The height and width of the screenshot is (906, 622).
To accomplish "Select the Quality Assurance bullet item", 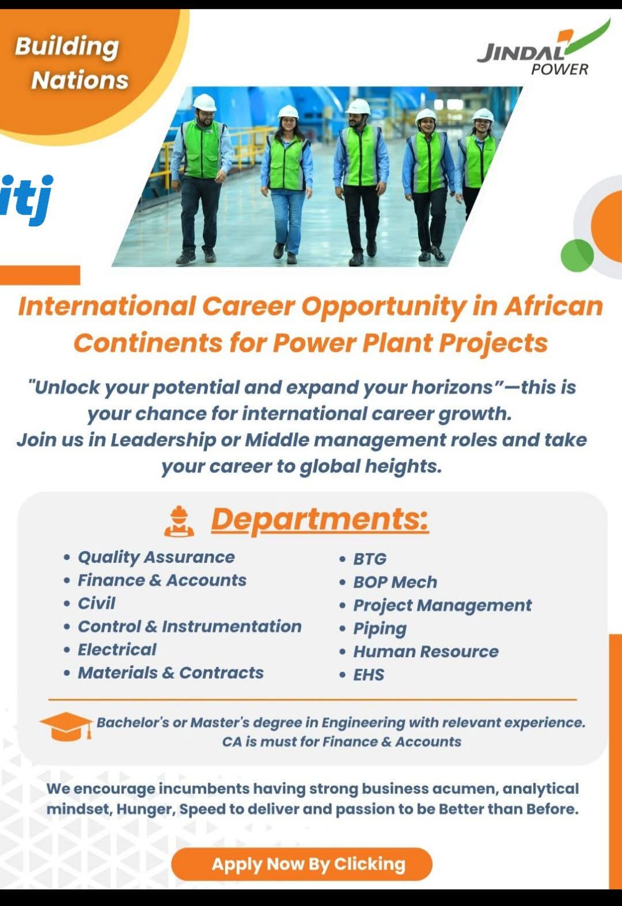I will click(x=156, y=557).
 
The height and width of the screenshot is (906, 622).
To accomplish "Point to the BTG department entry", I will click(x=369, y=559).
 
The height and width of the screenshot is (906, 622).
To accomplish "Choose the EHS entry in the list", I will click(x=369, y=674).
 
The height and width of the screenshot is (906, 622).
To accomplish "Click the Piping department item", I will click(x=380, y=628).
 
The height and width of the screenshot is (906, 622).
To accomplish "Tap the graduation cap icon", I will click(x=65, y=726).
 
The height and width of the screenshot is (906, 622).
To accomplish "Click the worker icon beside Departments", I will click(x=179, y=521).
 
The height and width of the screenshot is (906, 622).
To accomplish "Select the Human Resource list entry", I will click(x=425, y=651).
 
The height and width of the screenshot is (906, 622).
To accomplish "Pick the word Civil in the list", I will click(x=96, y=603).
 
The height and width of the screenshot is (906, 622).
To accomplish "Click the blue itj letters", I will click(x=26, y=199).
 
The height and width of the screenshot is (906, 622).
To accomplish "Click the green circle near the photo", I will click(x=577, y=254).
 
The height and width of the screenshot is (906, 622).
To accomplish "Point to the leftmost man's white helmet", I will click(x=204, y=102).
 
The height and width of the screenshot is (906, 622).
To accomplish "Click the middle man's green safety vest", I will click(x=361, y=156).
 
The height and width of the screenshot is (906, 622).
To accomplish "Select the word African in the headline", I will click(x=553, y=306).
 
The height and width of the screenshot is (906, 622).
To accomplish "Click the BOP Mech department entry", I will click(x=395, y=582).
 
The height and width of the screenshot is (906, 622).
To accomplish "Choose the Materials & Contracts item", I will click(x=170, y=673).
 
